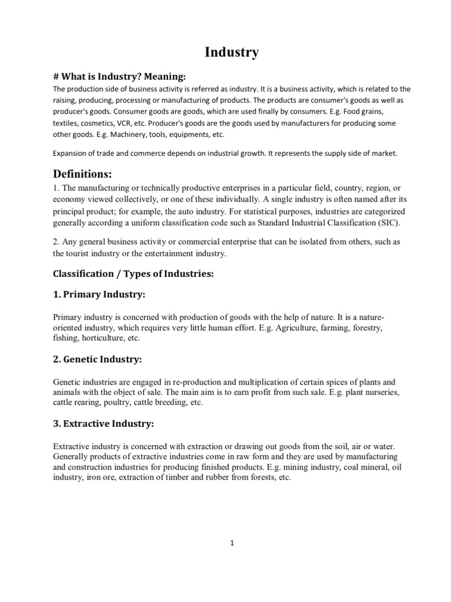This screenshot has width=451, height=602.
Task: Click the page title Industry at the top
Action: pos(231,52)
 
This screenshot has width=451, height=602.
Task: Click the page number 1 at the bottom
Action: pos(232,543)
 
